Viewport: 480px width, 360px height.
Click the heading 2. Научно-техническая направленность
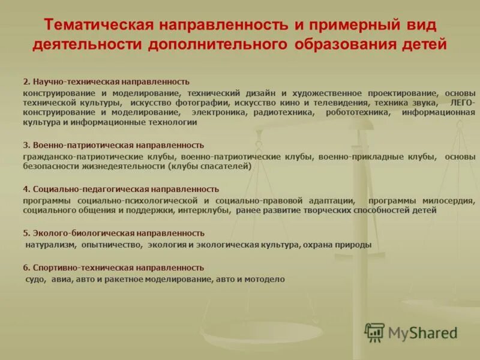[x=106, y=81]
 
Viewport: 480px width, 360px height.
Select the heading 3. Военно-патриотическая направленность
[x=113, y=145]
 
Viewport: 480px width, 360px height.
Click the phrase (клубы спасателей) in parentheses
[x=209, y=166]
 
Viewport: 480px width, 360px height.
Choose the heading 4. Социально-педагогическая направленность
[x=121, y=189]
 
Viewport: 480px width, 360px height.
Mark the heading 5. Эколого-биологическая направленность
[x=113, y=233]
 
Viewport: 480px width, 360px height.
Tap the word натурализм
[x=51, y=245]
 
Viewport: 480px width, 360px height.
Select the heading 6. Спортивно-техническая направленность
[x=113, y=268]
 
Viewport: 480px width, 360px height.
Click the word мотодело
[x=267, y=279]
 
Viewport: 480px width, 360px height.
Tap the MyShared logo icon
[x=375, y=332]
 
